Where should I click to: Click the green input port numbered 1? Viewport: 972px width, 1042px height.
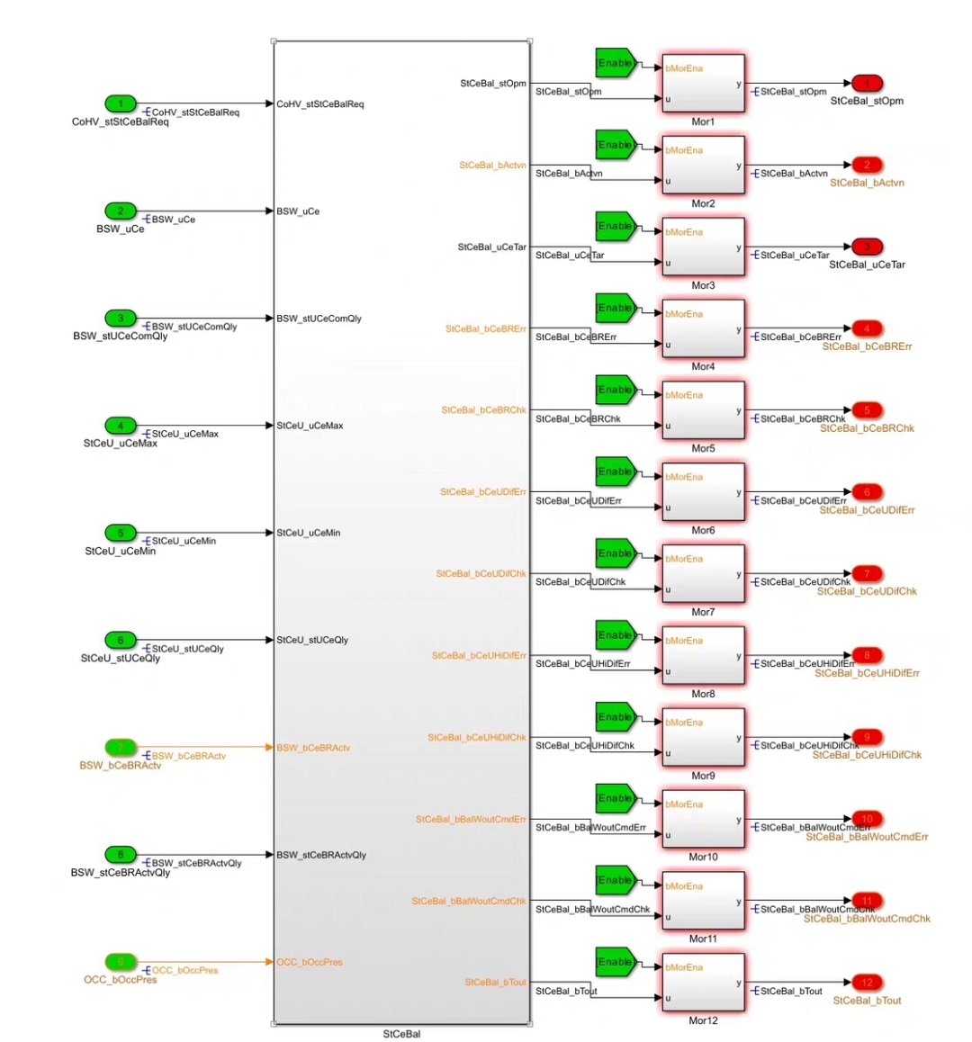pos(121,103)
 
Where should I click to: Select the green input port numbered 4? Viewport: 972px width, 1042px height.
pos(121,426)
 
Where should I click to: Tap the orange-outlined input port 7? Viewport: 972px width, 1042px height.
pos(121,747)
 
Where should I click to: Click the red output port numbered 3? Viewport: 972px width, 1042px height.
pos(867,247)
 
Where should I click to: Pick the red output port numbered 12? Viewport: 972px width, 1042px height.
pos(867,983)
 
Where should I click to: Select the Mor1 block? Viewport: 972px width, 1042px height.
pos(703,83)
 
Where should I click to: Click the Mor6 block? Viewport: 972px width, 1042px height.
pos(703,492)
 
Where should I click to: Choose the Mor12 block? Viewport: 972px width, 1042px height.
pos(703,983)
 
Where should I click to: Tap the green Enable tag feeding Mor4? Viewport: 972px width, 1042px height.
pos(616,309)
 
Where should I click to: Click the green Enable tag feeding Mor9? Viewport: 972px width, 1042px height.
pos(616,717)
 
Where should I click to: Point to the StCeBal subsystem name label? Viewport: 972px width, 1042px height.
pos(401,1034)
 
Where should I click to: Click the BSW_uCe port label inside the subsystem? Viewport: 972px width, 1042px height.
pos(298,211)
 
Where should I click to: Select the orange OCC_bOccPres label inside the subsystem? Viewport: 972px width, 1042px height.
pos(310,962)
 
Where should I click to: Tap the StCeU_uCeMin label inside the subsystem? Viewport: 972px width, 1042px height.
pos(309,533)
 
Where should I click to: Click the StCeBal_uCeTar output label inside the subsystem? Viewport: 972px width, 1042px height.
pos(491,247)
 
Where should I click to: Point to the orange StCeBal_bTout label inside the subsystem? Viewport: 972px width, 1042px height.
pos(495,983)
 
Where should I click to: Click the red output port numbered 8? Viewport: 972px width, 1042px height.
pos(867,655)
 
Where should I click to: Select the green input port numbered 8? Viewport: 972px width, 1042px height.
pos(121,854)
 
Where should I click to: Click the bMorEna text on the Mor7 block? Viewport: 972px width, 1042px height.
pos(684,559)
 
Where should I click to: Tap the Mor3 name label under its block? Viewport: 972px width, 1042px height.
pos(703,285)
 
